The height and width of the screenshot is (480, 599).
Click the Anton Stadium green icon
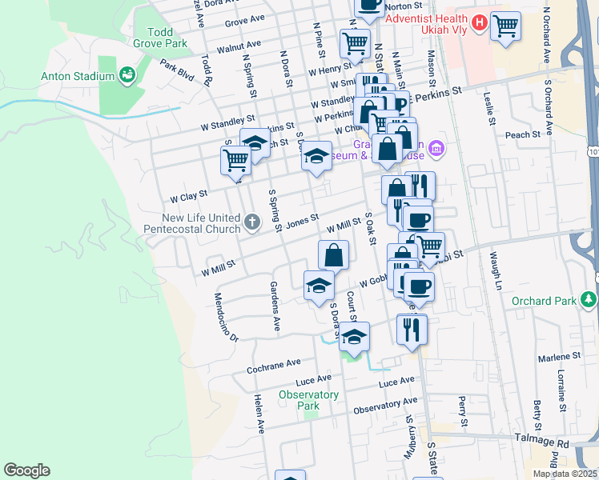(x=126, y=77)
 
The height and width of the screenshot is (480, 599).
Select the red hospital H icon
(x=479, y=23)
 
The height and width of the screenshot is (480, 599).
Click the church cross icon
(x=251, y=222)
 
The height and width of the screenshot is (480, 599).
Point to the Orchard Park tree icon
(x=589, y=300)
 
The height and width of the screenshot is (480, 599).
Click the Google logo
(x=26, y=470)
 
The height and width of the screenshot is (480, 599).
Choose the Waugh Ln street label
(x=497, y=272)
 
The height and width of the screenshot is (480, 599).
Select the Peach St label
(x=524, y=135)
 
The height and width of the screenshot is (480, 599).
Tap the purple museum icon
(x=436, y=147)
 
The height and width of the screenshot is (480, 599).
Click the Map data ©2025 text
(x=565, y=474)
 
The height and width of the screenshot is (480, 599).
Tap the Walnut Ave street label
(x=239, y=44)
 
